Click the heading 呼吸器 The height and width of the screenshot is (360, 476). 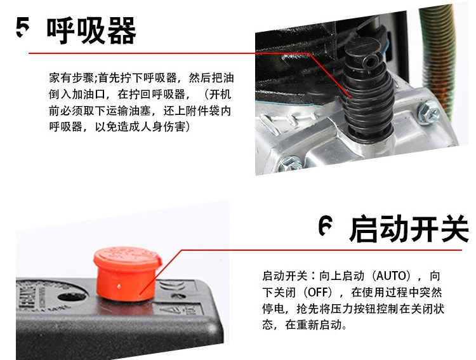(x=91, y=30)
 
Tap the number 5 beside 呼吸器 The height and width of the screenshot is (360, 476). (x=23, y=27)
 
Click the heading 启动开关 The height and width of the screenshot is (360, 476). (x=409, y=229)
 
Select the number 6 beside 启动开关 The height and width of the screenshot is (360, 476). (x=326, y=225)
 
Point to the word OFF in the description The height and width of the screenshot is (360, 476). (x=317, y=292)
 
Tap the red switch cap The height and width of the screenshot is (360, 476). (x=128, y=274)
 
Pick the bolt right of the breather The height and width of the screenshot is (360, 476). (x=428, y=112)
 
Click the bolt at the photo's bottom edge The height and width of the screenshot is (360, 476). (x=290, y=164)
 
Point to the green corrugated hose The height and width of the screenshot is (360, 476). (x=439, y=58)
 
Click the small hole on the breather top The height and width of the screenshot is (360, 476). (x=369, y=62)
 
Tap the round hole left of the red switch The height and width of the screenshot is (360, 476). (x=69, y=297)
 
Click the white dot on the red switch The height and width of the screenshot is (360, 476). (x=119, y=286)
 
